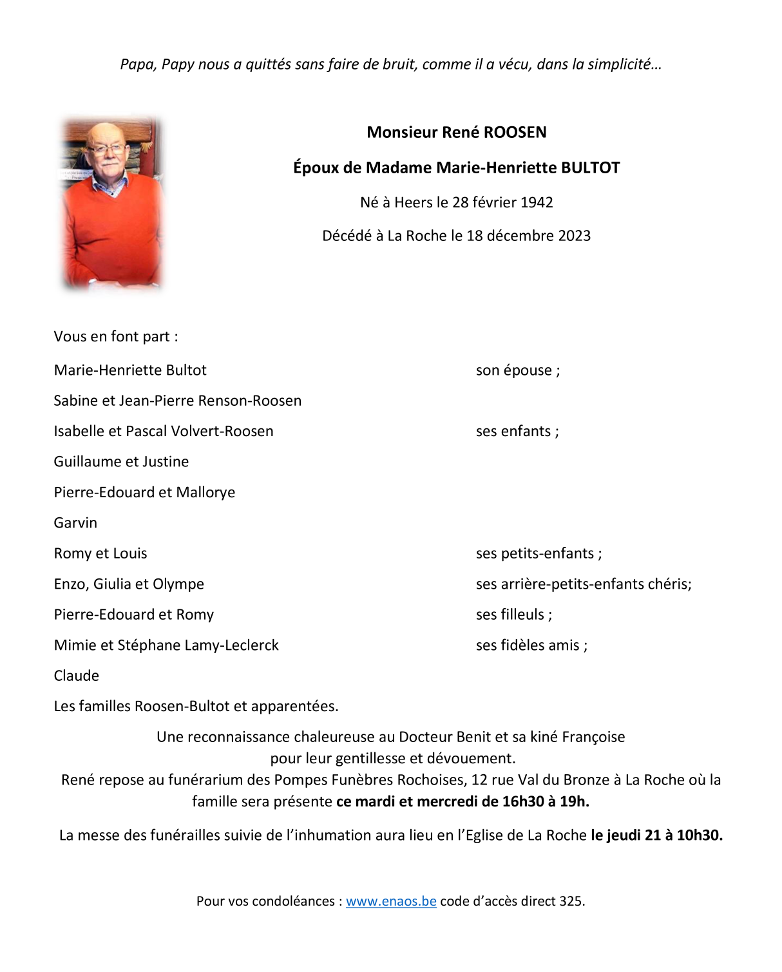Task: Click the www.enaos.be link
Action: click(x=391, y=901)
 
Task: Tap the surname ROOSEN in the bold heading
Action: click(x=515, y=133)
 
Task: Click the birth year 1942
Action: click(x=537, y=202)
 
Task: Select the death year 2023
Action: click(x=574, y=236)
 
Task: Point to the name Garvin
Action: click(x=75, y=523)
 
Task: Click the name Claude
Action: click(x=77, y=676)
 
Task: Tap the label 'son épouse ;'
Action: click(x=518, y=370)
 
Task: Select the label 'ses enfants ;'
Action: click(x=517, y=432)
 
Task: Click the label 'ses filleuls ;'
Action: click(x=514, y=615)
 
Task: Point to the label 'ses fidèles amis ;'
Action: click(x=531, y=645)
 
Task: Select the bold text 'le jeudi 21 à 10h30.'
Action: click(x=656, y=835)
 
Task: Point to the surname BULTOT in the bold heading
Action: click(x=590, y=168)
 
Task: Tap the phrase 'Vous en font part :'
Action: click(x=116, y=337)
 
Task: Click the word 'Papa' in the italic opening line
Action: click(x=137, y=64)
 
